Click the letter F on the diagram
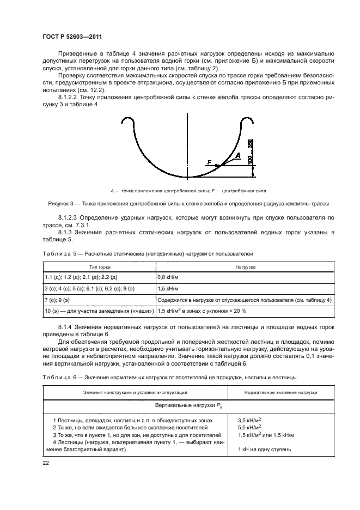click(x=209, y=162)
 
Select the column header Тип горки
click(x=99, y=268)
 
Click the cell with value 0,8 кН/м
click(x=170, y=277)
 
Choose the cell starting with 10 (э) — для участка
click(x=98, y=311)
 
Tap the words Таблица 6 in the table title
click(x=59, y=377)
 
